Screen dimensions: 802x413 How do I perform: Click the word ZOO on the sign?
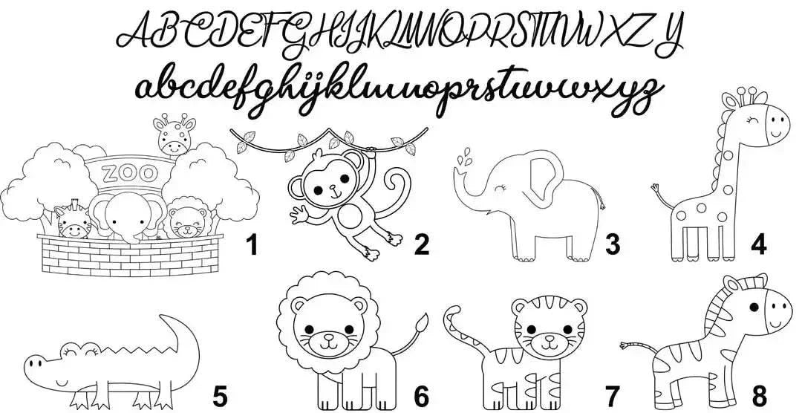click(x=129, y=173)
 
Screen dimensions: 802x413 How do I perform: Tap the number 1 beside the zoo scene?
click(x=252, y=244)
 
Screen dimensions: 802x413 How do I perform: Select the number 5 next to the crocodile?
click(x=220, y=397)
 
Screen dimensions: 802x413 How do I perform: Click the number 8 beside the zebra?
click(x=760, y=397)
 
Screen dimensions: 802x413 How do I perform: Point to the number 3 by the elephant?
click(x=612, y=244)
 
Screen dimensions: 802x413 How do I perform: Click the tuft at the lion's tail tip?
click(x=422, y=323)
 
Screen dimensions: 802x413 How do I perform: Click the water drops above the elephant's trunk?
click(x=463, y=157)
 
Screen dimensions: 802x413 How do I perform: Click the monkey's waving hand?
click(x=300, y=214)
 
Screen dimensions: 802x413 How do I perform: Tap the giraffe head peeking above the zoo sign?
click(x=175, y=134)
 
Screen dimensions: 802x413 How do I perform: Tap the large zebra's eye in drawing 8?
click(x=754, y=307)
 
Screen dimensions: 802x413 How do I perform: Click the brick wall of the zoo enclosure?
click(x=130, y=256)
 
